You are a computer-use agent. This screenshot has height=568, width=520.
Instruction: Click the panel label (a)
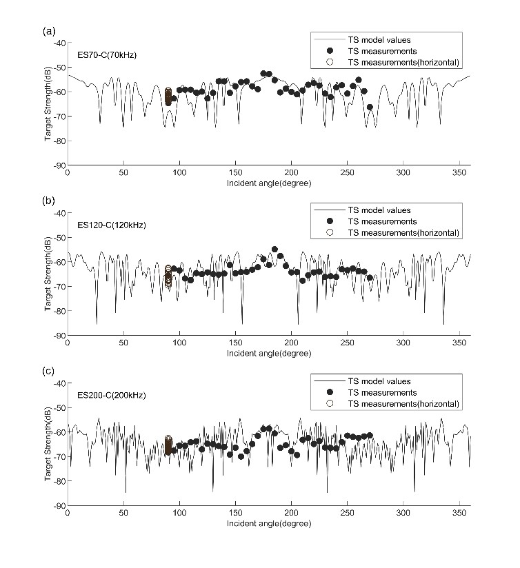pyautogui.click(x=49, y=32)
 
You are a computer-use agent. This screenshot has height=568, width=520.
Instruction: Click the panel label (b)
pyautogui.click(x=48, y=201)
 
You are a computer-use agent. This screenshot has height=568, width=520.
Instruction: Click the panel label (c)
pyautogui.click(x=48, y=371)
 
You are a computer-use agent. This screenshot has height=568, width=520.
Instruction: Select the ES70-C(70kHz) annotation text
pyautogui.click(x=107, y=55)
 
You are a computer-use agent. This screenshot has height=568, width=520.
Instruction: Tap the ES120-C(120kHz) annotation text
pyautogui.click(x=112, y=225)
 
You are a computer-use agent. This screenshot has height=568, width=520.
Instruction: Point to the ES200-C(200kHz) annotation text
pyautogui.click(x=112, y=395)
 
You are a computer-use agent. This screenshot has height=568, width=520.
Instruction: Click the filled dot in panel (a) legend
pyautogui.click(x=330, y=51)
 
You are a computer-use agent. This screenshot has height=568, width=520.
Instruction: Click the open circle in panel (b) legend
pyautogui.click(x=330, y=232)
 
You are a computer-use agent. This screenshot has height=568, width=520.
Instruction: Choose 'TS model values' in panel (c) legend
pyautogui.click(x=379, y=381)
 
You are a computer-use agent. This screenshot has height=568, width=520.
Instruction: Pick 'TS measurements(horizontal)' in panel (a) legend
pyautogui.click(x=403, y=62)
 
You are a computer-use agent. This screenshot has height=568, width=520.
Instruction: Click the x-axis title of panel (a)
pyautogui.click(x=269, y=183)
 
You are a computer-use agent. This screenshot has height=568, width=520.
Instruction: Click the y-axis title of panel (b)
pyautogui.click(x=48, y=274)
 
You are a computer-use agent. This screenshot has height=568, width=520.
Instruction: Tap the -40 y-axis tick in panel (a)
pyautogui.click(x=60, y=43)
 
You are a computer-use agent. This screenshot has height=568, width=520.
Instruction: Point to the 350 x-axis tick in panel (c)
pyautogui.click(x=459, y=513)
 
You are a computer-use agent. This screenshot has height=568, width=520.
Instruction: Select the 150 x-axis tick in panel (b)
pyautogui.click(x=236, y=343)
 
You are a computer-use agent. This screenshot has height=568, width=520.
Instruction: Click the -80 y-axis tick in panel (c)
pyautogui.click(x=60, y=481)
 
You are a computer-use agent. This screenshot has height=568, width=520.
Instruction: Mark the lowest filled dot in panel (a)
pyautogui.click(x=370, y=107)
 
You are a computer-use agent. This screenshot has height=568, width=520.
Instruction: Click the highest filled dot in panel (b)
pyautogui.click(x=274, y=250)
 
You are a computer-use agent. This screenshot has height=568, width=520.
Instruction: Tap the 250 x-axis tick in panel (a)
pyautogui.click(x=347, y=173)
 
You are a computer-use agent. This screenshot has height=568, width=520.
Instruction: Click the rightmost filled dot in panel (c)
pyautogui.click(x=370, y=435)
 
